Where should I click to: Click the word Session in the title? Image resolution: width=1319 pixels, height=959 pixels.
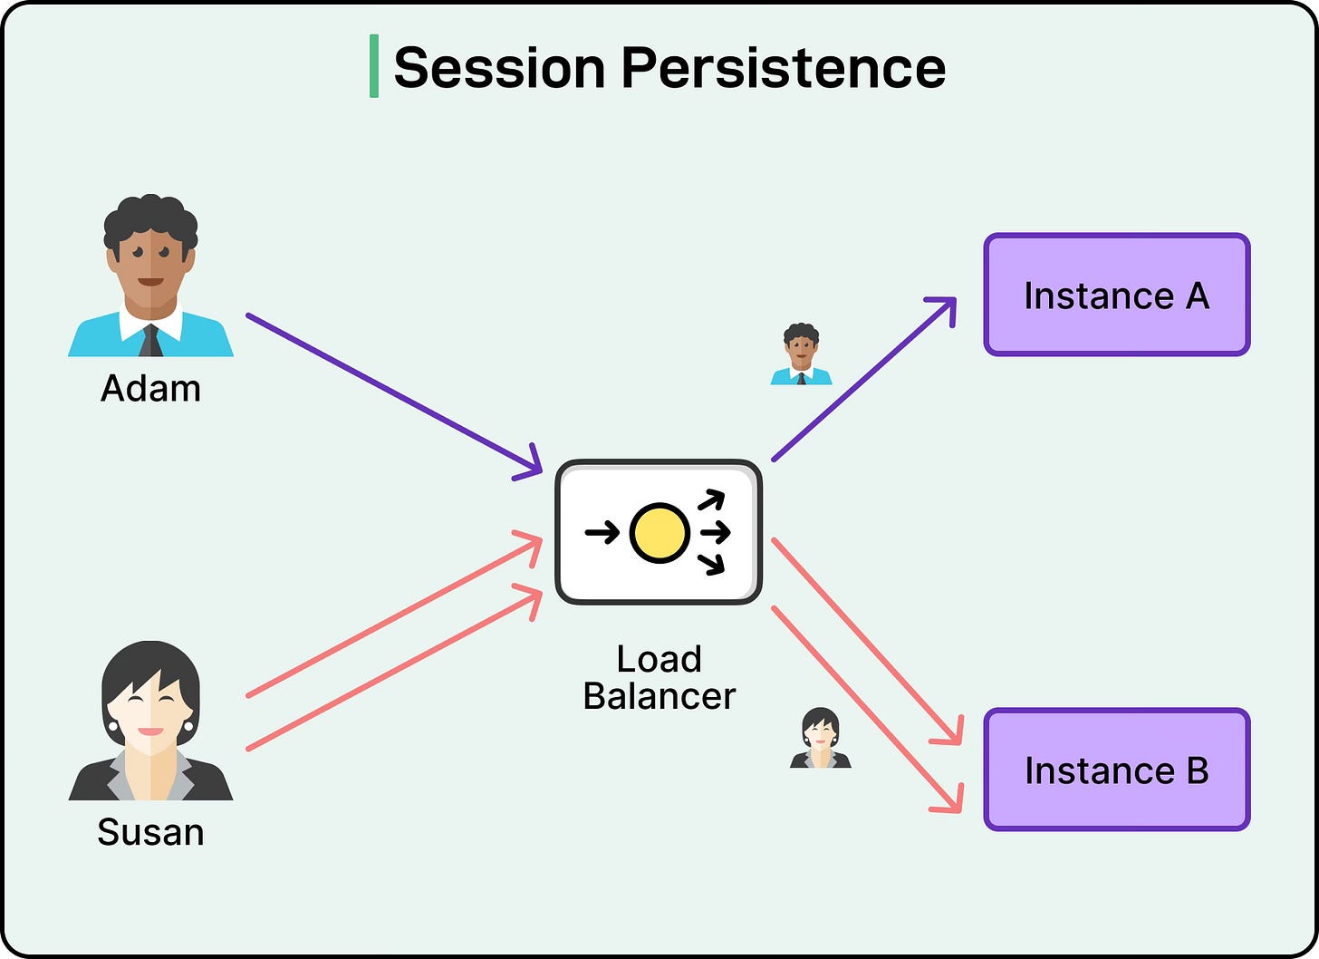(499, 68)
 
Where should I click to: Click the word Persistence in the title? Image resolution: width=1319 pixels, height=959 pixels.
(783, 68)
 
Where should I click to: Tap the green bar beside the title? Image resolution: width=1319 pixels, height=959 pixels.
(374, 66)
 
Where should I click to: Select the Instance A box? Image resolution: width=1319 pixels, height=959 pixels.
(1116, 295)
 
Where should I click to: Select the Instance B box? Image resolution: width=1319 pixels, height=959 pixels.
(1116, 770)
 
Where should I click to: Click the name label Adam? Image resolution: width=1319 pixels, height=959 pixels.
(150, 388)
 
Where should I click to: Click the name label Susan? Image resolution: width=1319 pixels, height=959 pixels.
(150, 831)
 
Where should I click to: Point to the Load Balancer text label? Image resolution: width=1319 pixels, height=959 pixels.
(659, 677)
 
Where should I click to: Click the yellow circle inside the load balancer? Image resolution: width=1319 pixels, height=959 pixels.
(659, 532)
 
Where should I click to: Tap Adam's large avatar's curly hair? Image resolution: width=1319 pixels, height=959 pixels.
(150, 218)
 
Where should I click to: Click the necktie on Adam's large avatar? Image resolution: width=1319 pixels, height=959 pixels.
(151, 341)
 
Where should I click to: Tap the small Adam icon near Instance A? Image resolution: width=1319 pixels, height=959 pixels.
(801, 354)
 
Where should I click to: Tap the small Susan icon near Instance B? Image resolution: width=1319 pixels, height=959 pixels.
(820, 739)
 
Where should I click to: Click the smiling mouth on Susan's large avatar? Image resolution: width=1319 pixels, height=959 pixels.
(150, 731)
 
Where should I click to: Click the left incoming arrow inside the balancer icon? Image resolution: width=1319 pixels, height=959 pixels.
(602, 532)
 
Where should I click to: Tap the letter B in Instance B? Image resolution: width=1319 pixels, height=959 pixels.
(1197, 770)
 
